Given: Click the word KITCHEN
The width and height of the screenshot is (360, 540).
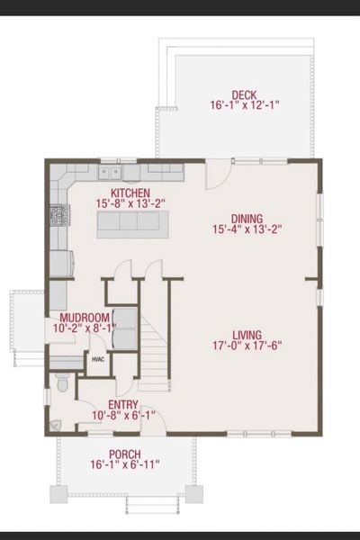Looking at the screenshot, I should point(130,193).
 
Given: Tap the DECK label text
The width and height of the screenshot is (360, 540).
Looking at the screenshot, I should point(245,94).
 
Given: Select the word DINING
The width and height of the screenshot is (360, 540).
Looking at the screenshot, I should point(247,219).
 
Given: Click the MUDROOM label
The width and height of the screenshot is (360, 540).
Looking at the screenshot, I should point(85,318).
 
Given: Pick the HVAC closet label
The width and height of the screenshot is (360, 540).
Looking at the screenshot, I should point(98,360).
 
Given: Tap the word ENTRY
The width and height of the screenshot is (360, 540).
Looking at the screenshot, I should point(123,405).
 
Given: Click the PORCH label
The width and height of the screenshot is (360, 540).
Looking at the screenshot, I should point(124,454).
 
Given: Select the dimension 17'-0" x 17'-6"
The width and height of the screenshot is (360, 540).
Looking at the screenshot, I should point(245,344).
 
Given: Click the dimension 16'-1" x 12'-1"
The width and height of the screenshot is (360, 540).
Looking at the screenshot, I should point(245,105).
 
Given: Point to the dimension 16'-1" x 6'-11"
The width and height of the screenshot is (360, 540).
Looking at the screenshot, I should point(124,464).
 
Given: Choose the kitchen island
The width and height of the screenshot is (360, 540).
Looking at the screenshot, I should point(133,224).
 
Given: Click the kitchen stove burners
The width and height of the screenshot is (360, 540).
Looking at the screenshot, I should point(58,214).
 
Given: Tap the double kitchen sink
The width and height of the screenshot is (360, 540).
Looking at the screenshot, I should point(111,170).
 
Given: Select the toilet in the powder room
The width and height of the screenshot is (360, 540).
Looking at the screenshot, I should point(63,382).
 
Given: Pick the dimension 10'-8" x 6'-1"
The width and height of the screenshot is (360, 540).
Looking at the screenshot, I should point(123,416).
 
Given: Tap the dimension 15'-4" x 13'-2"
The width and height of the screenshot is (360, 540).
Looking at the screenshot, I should point(247,229).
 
